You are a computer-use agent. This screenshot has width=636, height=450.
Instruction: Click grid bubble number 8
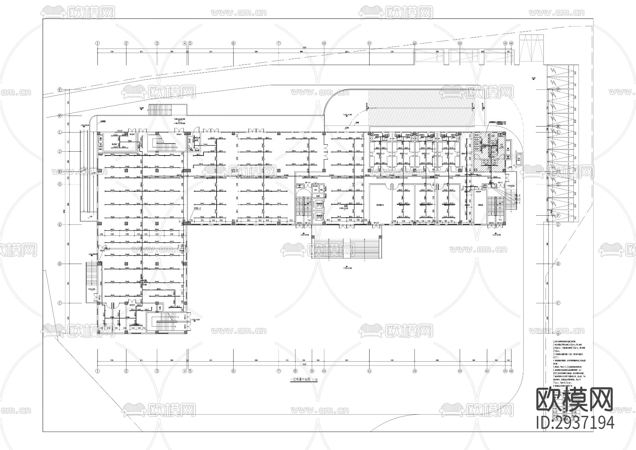click(295, 371)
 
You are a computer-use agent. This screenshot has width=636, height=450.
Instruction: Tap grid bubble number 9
click(312, 371)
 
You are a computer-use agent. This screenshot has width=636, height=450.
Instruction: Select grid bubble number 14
click(487, 371)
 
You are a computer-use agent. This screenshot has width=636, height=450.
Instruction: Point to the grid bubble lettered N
click(60, 116)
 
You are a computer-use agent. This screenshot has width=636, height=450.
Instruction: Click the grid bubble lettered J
click(60, 152)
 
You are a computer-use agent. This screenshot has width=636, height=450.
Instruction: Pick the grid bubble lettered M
click(558, 126)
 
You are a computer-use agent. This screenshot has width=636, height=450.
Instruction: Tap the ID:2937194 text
click(575, 423)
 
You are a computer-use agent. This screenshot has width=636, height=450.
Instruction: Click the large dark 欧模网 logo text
click(575, 400)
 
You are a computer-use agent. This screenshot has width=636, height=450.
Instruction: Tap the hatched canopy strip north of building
click(420, 108)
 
